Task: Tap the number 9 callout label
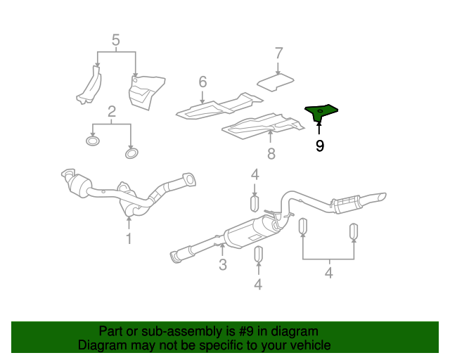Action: (320, 146)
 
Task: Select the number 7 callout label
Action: (278, 53)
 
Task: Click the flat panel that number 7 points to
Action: (276, 82)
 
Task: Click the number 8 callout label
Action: (271, 153)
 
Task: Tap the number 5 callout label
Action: (116, 40)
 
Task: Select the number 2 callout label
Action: (112, 112)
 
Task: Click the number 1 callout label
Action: (129, 239)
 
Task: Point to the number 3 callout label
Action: (222, 264)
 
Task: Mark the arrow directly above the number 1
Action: (129, 224)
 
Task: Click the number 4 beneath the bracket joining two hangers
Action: (328, 273)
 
